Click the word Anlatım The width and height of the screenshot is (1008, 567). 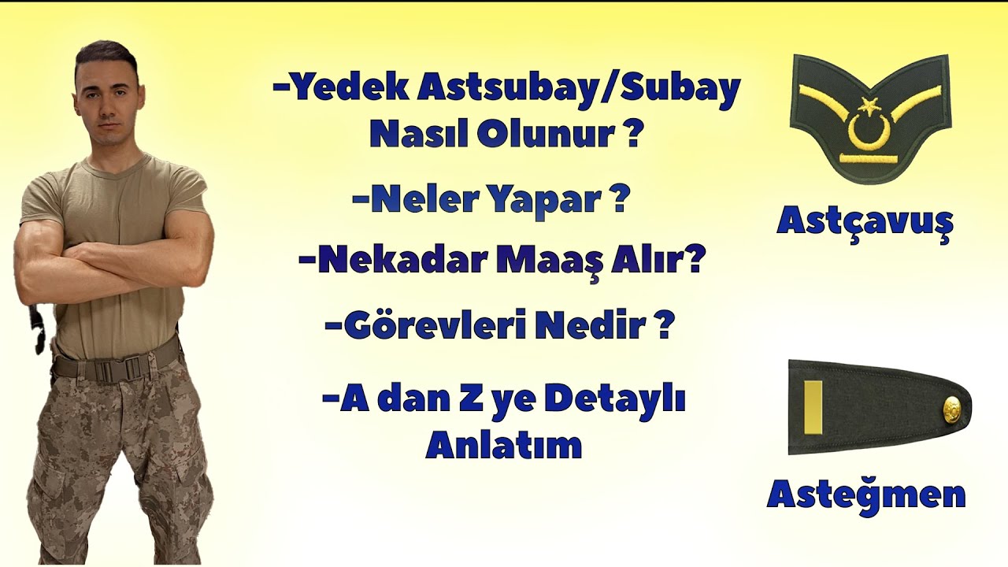coord(504,446)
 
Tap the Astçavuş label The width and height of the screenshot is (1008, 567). coord(865,221)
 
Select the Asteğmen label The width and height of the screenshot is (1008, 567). coord(866,495)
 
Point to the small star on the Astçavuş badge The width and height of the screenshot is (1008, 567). coord(869,104)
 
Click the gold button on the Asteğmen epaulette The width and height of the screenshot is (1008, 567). coord(953,408)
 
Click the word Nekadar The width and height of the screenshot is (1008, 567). coord(385,260)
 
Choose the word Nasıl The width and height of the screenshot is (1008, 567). coord(417,135)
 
